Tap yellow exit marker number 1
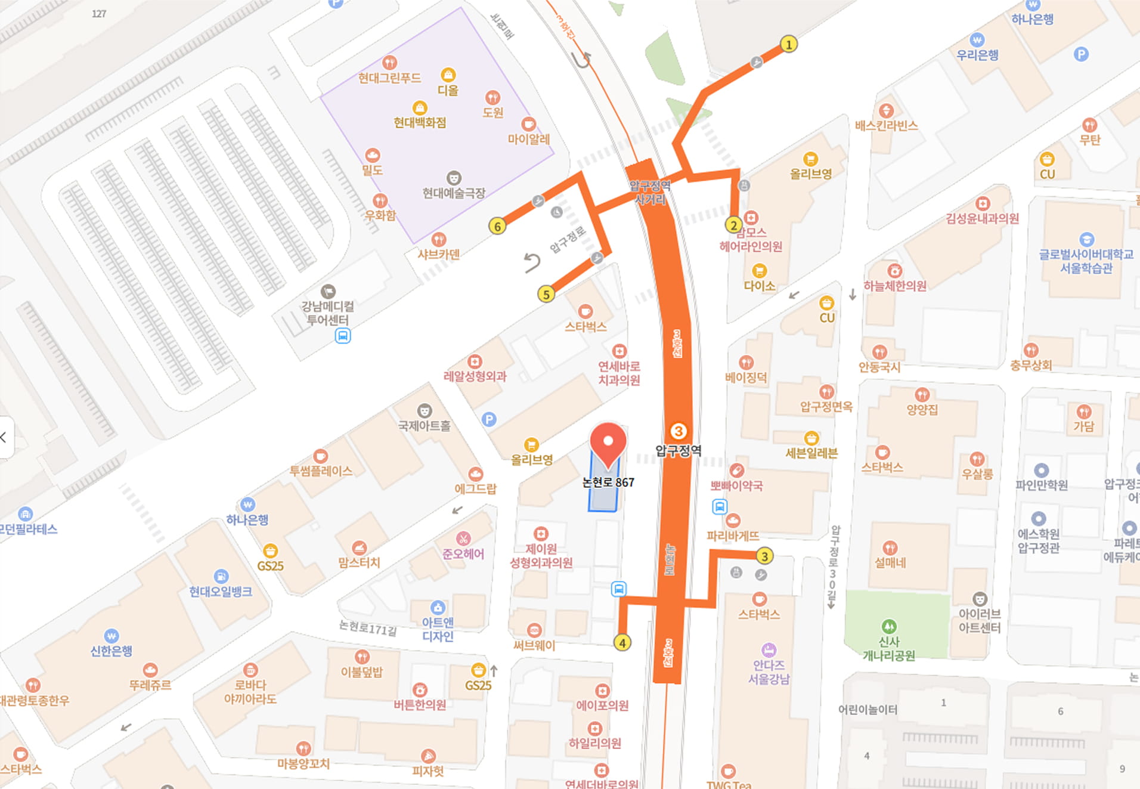(x=788, y=44)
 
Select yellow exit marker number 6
(x=497, y=227)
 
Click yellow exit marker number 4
(x=622, y=643)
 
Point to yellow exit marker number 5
(x=546, y=294)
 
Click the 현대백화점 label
(x=420, y=122)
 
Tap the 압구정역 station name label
(x=679, y=451)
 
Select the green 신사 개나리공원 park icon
(x=888, y=626)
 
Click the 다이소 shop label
(x=759, y=286)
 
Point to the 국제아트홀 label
(x=425, y=426)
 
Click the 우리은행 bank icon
(x=977, y=40)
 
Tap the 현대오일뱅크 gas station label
(x=220, y=592)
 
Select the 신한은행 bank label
(x=111, y=651)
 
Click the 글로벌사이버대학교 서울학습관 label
(x=1086, y=261)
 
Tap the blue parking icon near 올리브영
(x=489, y=419)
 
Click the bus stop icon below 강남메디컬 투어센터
(x=342, y=336)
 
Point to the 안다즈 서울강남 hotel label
(x=769, y=672)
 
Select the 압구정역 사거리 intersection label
(x=650, y=193)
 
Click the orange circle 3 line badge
(x=678, y=431)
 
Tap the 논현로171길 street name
(x=368, y=627)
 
